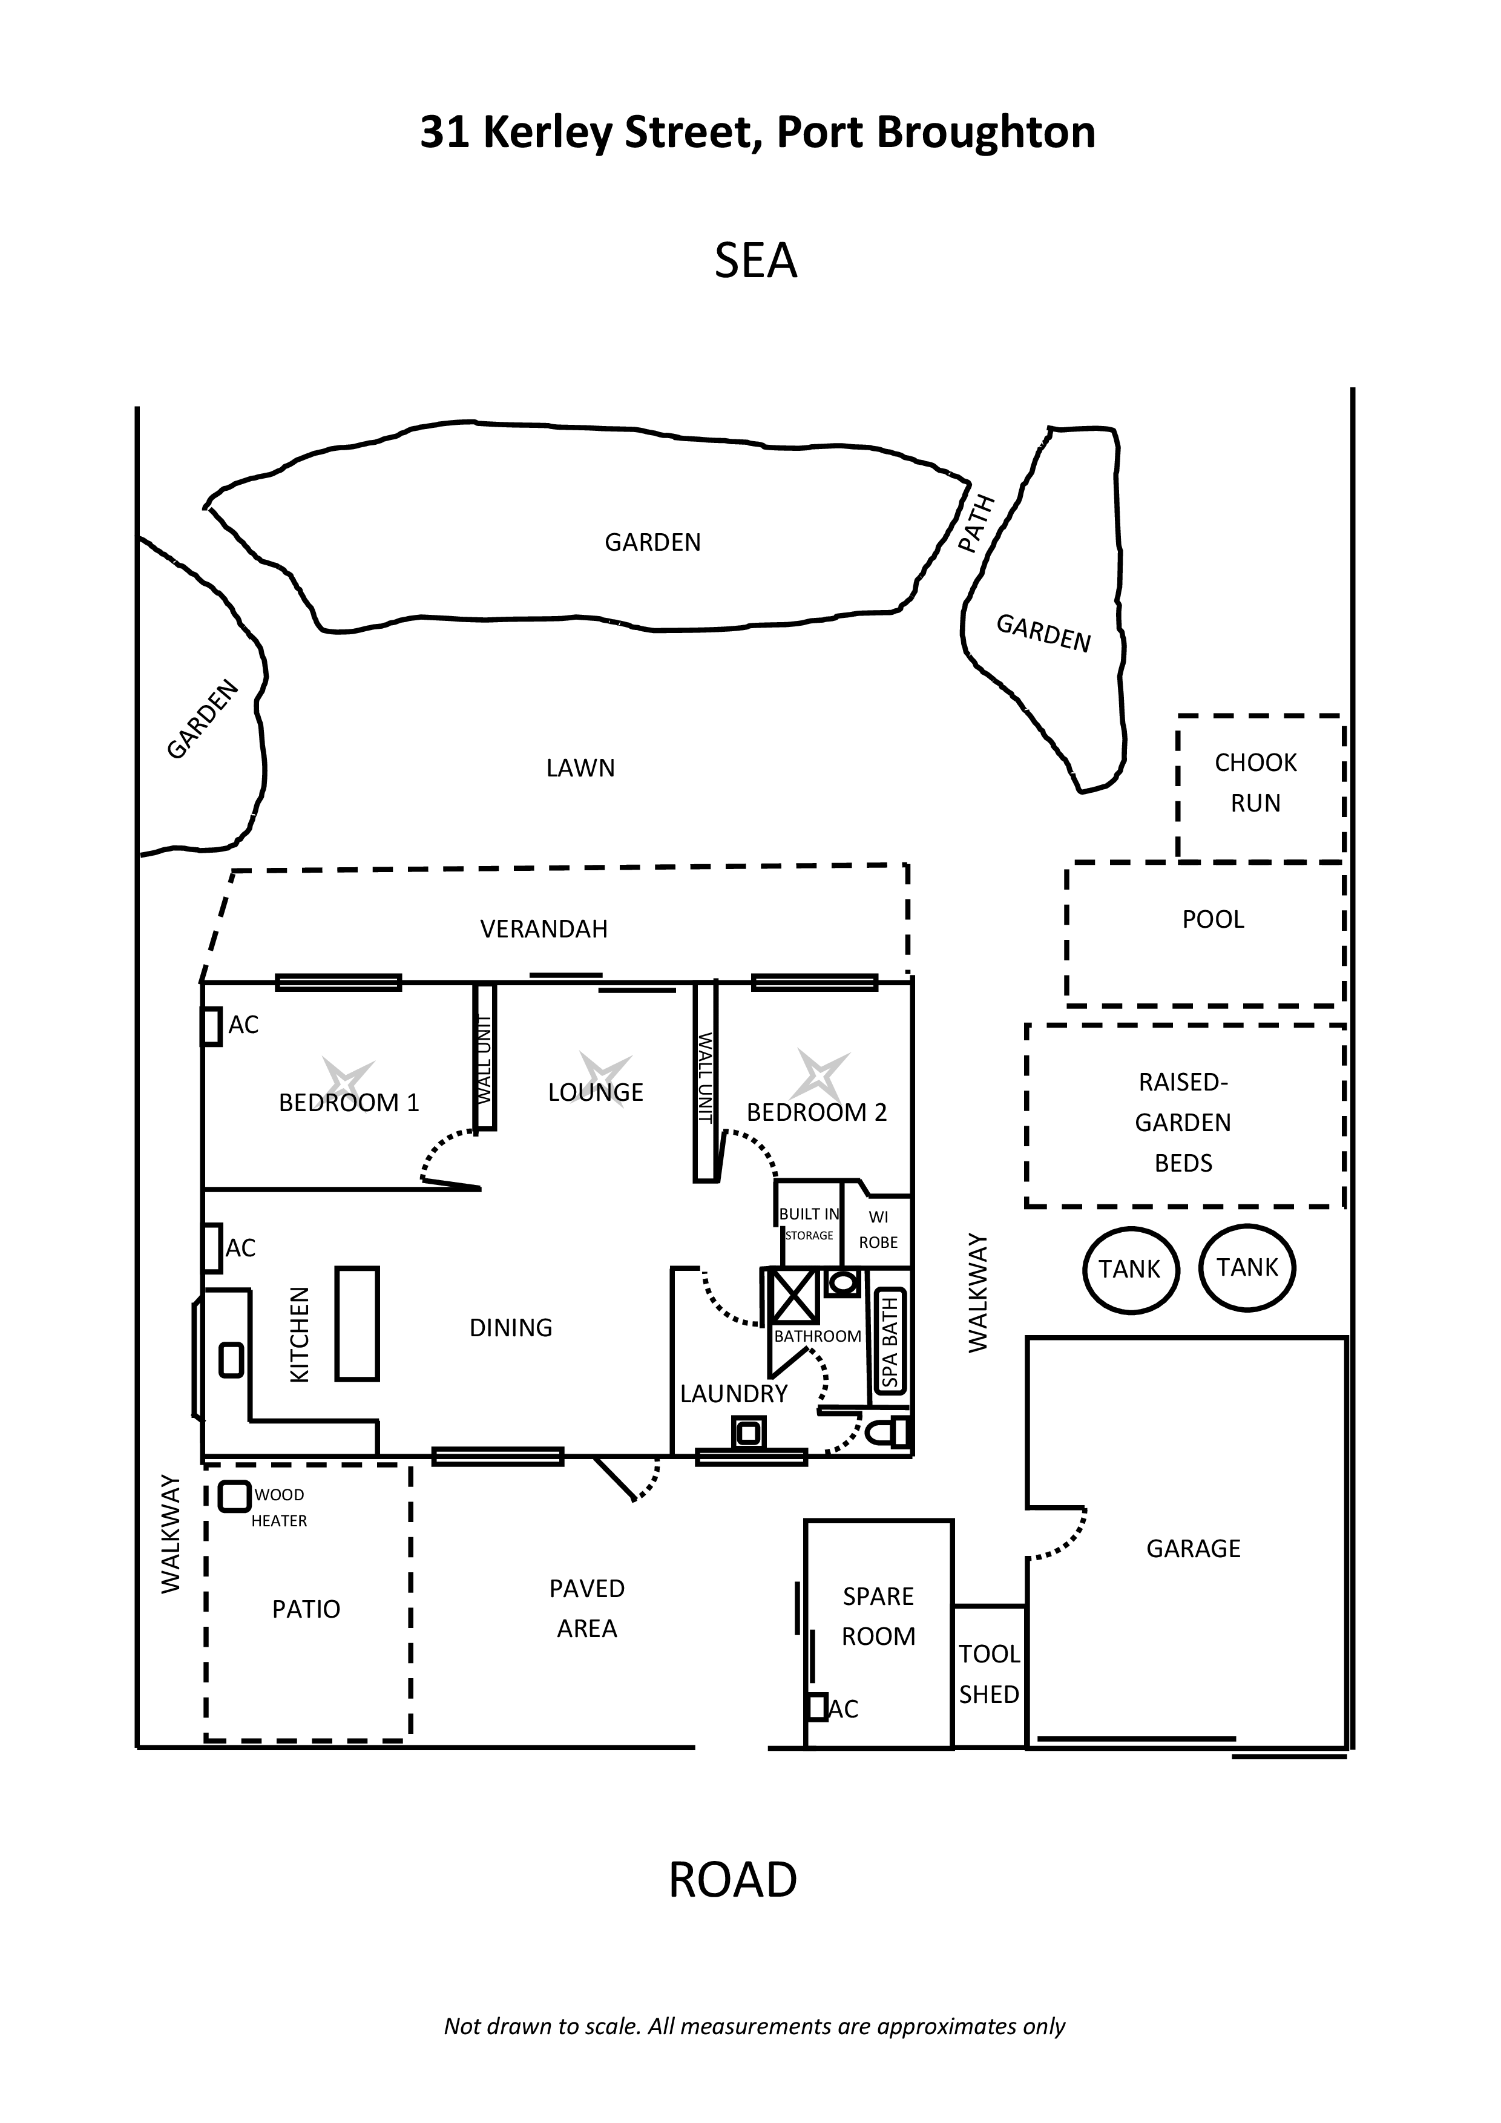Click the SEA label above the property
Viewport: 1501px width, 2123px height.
click(755, 261)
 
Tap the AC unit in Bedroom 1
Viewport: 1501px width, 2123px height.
click(212, 1026)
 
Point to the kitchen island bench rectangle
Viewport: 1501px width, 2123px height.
click(357, 1324)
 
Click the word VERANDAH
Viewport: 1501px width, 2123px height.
click(544, 930)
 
